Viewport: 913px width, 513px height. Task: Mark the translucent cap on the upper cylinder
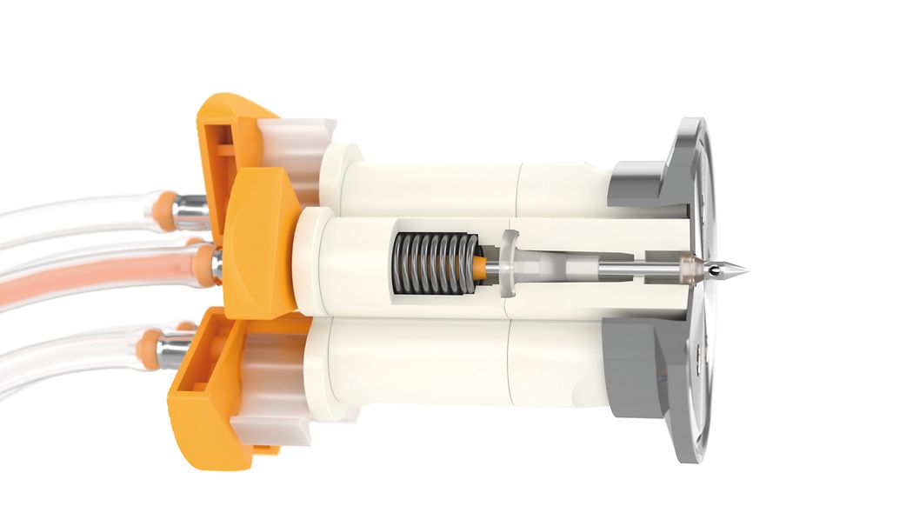click(296, 143)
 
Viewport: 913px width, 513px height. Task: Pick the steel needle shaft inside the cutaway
click(626, 270)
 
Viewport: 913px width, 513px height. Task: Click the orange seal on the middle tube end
click(204, 266)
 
